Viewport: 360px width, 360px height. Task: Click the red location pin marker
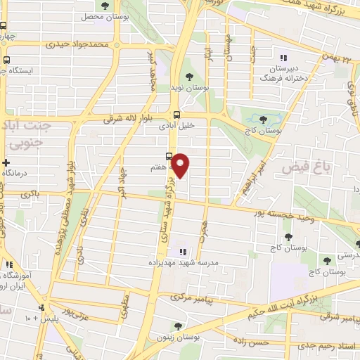click(x=181, y=165)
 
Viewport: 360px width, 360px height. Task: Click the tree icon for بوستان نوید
click(x=189, y=76)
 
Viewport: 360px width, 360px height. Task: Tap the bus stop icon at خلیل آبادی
click(x=176, y=115)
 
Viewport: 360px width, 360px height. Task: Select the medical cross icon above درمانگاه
click(x=6, y=162)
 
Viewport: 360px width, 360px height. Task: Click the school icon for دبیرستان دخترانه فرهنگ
click(x=283, y=58)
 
